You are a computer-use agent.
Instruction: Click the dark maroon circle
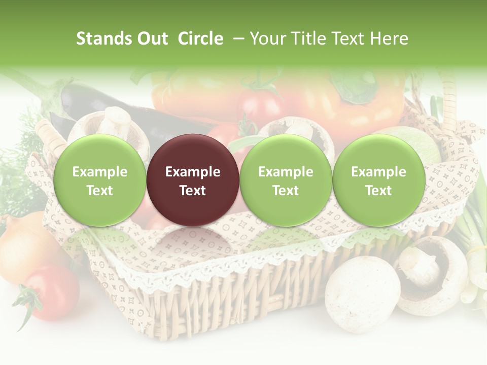click(x=192, y=180)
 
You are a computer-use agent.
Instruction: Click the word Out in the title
click(x=152, y=39)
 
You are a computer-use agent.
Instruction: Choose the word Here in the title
click(x=389, y=39)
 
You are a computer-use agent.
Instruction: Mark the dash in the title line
click(x=238, y=39)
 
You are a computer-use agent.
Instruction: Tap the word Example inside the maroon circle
click(x=192, y=172)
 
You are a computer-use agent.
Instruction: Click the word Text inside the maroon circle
click(x=192, y=191)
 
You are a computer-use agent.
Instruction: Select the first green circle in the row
click(x=99, y=180)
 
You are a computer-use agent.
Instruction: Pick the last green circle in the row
click(x=378, y=180)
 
